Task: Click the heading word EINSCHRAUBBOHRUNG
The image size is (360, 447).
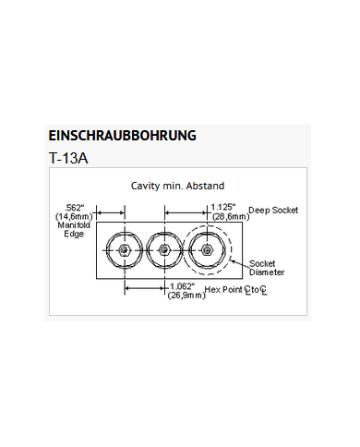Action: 122,135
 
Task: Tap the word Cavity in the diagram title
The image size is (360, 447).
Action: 146,186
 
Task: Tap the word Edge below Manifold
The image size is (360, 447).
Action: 74,235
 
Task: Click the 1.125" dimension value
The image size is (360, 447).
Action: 223,207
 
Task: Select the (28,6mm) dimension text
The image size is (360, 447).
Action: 228,216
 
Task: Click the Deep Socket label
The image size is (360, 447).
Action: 273,211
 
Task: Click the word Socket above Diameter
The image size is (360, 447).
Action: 263,263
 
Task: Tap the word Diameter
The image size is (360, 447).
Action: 267,272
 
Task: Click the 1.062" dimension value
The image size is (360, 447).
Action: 186,286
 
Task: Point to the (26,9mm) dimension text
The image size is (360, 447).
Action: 186,296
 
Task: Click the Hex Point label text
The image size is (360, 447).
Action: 226,290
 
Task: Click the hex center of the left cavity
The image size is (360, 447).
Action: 122,250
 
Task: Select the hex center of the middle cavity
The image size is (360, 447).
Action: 164,250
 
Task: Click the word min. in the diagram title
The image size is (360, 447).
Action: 173,186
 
